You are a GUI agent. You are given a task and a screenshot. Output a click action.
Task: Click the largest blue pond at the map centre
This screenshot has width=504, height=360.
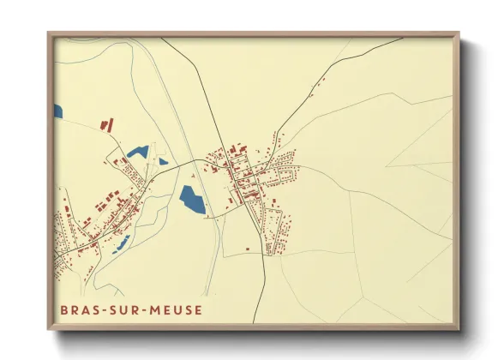192,201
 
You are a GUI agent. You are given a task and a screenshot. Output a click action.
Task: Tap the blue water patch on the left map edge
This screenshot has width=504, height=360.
57,111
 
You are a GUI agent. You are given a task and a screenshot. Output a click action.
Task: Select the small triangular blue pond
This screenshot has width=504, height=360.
162,160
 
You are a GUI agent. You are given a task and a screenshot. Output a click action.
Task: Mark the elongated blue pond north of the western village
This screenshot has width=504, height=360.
137,153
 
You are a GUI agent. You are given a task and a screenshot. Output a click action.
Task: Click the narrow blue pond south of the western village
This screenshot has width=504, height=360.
120,243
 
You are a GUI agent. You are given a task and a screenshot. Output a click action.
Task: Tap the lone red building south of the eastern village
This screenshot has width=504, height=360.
248,249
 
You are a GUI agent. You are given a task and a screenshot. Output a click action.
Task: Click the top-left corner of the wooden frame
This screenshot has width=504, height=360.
49,33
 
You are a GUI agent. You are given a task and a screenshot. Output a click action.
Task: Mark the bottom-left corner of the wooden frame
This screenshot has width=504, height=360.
49,330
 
